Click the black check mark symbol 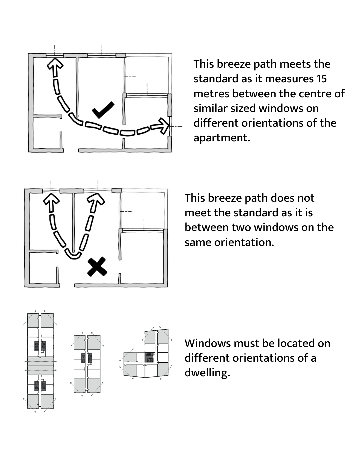tap(103, 110)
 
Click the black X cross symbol tap(97, 267)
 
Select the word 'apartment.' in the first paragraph tap(222, 138)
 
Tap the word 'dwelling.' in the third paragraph tap(207, 372)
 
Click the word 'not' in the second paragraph tap(307, 198)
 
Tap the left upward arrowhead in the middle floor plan tap(51, 201)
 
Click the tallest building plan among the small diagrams tap(40, 361)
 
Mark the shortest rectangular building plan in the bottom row tap(87, 364)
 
